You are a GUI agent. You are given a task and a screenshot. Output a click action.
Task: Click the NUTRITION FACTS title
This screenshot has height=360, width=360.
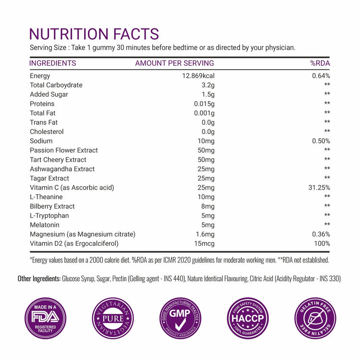click(x=94, y=34)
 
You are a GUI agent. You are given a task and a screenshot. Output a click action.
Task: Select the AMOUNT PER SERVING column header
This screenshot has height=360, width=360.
click(x=174, y=63)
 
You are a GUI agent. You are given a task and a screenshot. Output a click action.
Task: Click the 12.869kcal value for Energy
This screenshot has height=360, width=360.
click(x=197, y=76)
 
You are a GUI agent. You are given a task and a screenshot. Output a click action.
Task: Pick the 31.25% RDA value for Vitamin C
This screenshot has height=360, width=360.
click(x=319, y=188)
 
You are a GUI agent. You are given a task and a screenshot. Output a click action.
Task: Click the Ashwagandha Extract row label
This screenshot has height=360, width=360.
click(x=62, y=169)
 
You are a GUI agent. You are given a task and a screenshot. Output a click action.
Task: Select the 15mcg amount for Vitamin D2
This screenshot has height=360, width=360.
click(x=204, y=243)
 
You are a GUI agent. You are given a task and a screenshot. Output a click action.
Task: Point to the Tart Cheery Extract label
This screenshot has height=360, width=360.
click(x=58, y=160)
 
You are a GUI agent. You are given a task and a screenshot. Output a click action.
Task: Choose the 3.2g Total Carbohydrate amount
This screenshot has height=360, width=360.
click(x=207, y=85)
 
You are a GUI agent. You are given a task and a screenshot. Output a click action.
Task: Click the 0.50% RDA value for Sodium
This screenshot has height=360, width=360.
click(x=320, y=141)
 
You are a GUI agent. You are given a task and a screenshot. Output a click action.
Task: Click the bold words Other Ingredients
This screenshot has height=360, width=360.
click(x=39, y=278)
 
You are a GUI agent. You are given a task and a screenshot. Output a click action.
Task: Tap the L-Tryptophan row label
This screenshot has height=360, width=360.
click(x=49, y=216)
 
